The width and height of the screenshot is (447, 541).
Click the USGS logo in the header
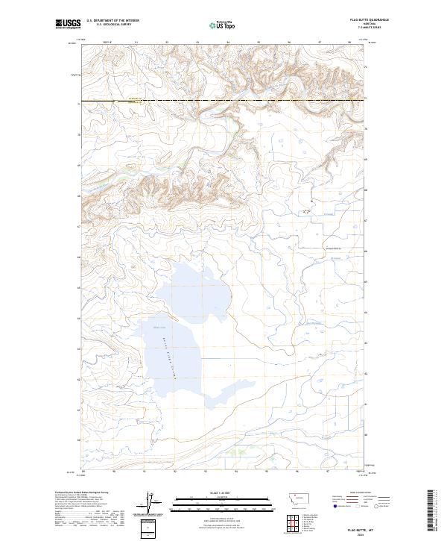tap(68, 24)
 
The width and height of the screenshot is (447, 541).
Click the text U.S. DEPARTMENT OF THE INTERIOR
tap(112, 22)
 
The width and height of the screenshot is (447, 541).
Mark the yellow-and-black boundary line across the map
tap(223, 100)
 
